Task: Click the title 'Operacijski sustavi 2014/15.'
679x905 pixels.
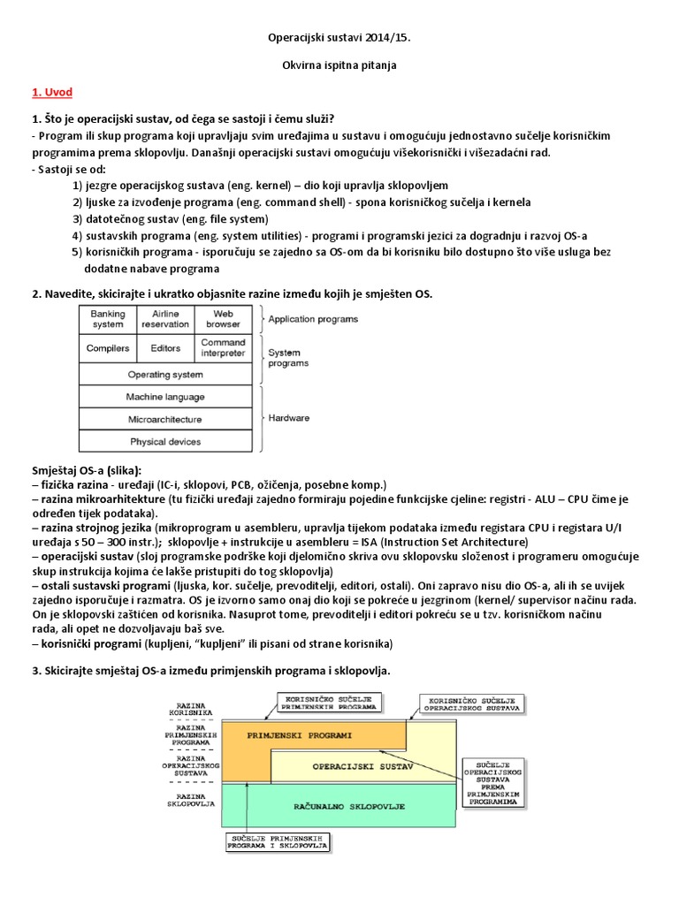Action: [339, 39]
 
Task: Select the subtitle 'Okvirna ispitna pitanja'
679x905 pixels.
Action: [339, 65]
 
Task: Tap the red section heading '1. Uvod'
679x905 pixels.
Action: [52, 92]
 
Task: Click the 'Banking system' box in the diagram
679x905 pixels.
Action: [108, 319]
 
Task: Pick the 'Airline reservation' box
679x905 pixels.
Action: [165, 319]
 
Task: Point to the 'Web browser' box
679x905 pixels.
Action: [223, 319]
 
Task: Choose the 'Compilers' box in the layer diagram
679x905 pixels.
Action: [108, 348]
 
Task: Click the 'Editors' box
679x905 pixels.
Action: [165, 348]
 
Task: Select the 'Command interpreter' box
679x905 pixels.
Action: [223, 347]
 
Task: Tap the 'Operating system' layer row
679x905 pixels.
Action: [165, 375]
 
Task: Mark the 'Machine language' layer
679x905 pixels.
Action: [165, 398]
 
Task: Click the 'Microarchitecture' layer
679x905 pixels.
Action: [165, 420]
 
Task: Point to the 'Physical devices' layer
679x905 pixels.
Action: [165, 442]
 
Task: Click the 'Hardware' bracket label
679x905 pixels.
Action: [288, 420]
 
